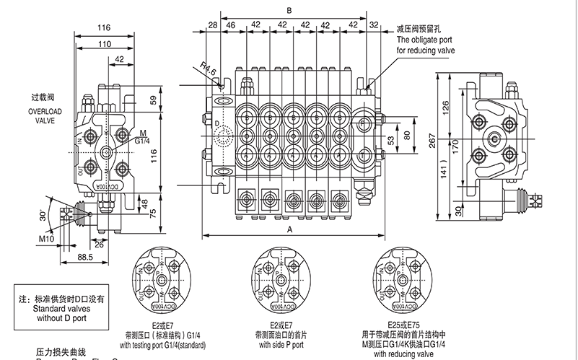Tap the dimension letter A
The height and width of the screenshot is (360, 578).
pyautogui.click(x=289, y=229)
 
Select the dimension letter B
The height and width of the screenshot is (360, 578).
pyautogui.click(x=289, y=11)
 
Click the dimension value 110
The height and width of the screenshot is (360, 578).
pyautogui.click(x=104, y=45)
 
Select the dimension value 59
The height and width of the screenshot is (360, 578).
pyautogui.click(x=152, y=100)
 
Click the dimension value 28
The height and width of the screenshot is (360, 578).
pyautogui.click(x=211, y=26)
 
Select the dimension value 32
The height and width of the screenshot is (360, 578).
pyautogui.click(x=373, y=26)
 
